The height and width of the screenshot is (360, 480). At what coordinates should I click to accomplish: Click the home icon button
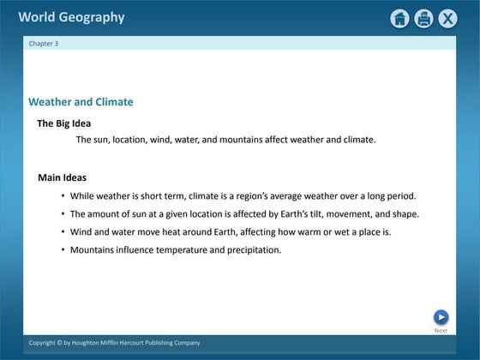click(x=399, y=19)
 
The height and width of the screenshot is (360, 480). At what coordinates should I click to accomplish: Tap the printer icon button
click(x=423, y=19)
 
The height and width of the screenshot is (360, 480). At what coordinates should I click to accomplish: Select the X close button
click(x=447, y=19)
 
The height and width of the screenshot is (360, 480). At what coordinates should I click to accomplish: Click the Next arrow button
click(x=441, y=317)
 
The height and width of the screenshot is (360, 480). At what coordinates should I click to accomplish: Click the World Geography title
click(x=71, y=17)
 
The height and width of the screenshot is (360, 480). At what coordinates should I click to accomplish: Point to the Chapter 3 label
click(x=44, y=43)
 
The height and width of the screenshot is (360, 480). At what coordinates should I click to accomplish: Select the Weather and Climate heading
click(x=81, y=102)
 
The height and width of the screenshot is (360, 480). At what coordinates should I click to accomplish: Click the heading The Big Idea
click(x=63, y=123)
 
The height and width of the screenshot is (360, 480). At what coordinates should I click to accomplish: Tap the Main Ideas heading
click(x=62, y=178)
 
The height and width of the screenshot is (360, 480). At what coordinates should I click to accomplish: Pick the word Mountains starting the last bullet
click(x=93, y=250)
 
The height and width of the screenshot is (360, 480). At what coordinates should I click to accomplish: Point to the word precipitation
click(x=255, y=250)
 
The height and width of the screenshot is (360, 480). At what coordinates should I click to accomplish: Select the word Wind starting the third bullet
click(x=80, y=232)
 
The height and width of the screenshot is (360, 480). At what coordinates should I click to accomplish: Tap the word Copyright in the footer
click(x=44, y=343)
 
